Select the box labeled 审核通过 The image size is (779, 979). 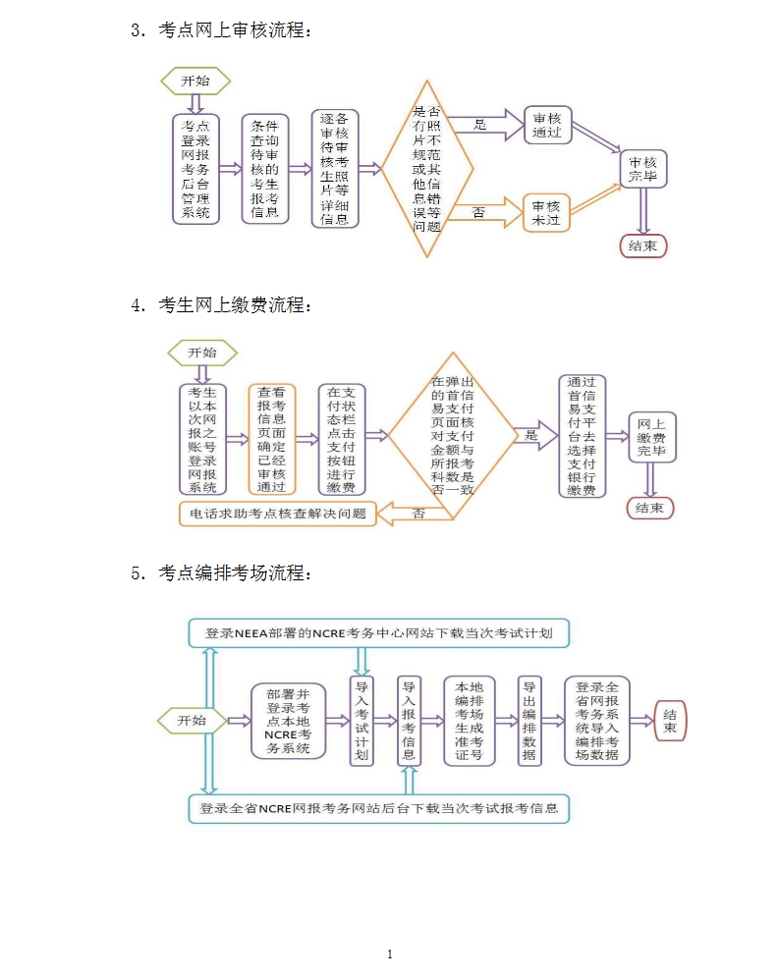click(547, 125)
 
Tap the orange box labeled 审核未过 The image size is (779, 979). click(546, 213)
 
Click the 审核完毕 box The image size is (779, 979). click(643, 169)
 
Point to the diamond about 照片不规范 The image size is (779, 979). click(427, 169)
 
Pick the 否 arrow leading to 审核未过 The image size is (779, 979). click(489, 212)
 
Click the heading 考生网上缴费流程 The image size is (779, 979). click(234, 305)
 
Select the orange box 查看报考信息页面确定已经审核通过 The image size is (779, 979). click(272, 439)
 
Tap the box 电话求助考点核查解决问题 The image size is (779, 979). click(278, 513)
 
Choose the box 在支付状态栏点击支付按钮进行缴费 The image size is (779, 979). click(342, 439)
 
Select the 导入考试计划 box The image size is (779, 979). click(362, 721)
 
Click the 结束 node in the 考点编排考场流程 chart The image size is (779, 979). click(670, 722)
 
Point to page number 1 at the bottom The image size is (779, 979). click(390, 953)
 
